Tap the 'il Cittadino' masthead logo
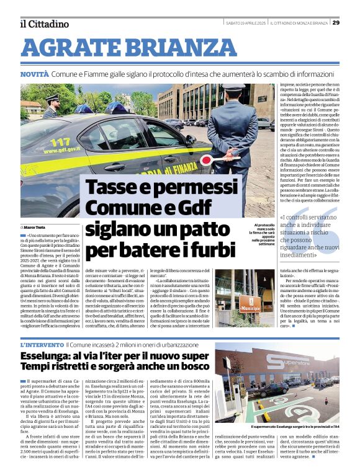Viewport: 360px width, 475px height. click(44, 24)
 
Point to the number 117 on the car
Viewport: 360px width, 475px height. click(58, 142)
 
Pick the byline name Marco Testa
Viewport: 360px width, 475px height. click(37, 228)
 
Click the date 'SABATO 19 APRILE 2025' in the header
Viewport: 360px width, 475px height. click(246, 22)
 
